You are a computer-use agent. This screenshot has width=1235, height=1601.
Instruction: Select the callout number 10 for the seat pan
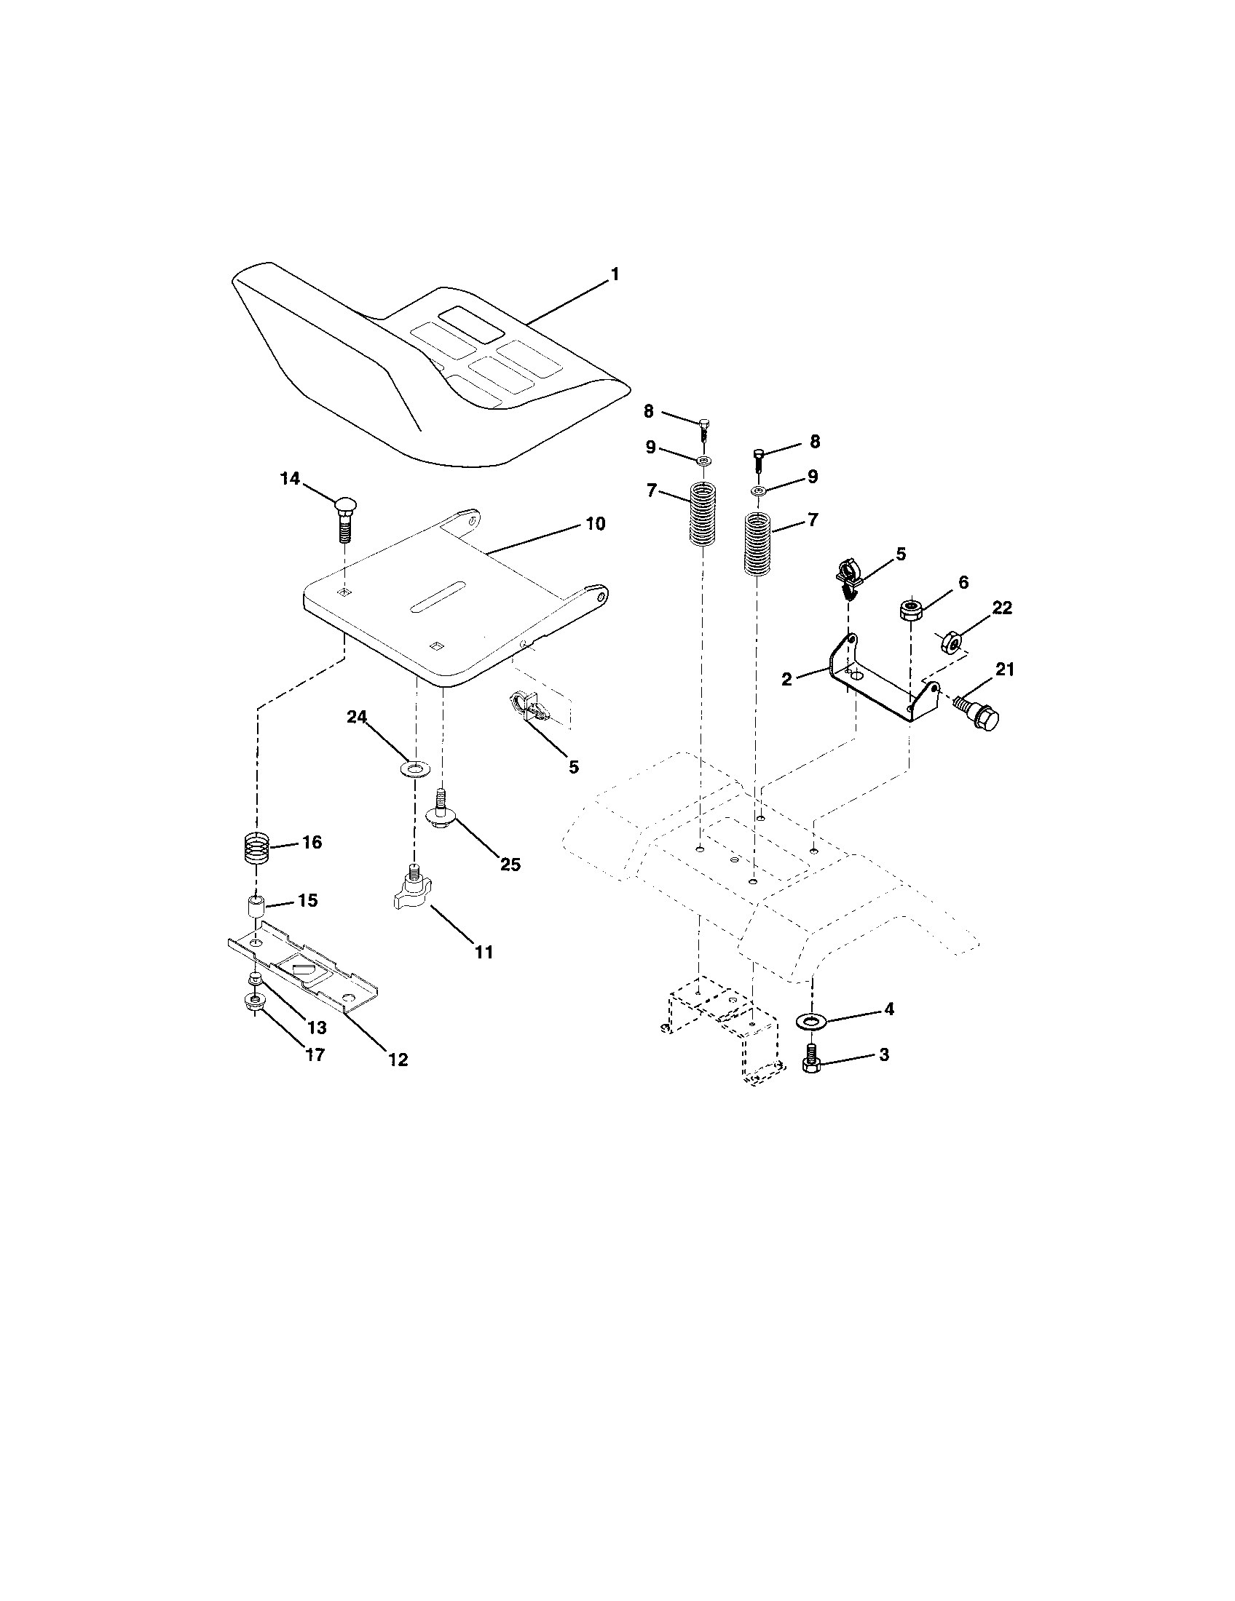pyautogui.click(x=595, y=524)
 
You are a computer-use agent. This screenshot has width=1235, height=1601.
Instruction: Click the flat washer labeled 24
pyautogui.click(x=414, y=768)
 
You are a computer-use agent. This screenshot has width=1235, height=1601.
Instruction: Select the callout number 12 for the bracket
pyautogui.click(x=398, y=1060)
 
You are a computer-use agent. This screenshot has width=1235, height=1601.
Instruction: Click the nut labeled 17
pyautogui.click(x=254, y=1003)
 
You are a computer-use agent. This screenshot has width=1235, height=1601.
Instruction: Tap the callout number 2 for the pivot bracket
pyautogui.click(x=787, y=680)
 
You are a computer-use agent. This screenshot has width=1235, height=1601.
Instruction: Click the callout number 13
pyautogui.click(x=317, y=1028)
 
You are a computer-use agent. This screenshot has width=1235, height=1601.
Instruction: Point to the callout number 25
pyautogui.click(x=510, y=865)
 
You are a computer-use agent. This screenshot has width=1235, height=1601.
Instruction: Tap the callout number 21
pyautogui.click(x=1004, y=669)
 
